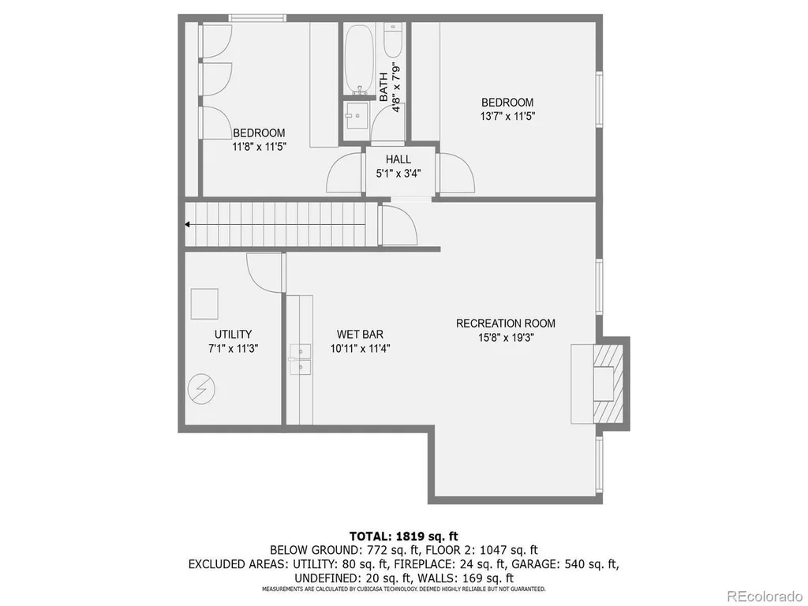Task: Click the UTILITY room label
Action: (233, 334)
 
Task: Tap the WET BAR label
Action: (360, 335)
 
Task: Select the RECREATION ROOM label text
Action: (506, 324)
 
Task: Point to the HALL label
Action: (398, 159)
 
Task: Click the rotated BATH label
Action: (383, 87)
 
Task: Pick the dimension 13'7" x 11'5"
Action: (507, 117)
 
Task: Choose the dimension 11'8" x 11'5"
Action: (259, 147)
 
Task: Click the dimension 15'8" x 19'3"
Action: (506, 338)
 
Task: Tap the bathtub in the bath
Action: (359, 58)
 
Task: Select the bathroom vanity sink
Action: (356, 117)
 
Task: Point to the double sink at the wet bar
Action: (300, 359)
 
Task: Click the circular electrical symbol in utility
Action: (201, 388)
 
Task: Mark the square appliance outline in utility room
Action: (204, 304)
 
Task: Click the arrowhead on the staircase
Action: (188, 225)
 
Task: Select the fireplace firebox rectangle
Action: (603, 383)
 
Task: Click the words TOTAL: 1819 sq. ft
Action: (403, 536)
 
